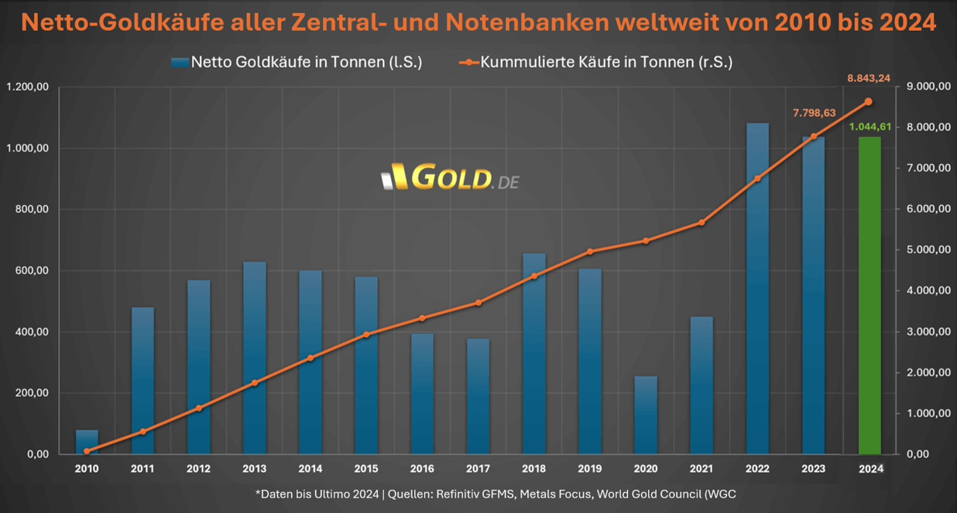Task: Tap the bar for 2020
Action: [646, 415]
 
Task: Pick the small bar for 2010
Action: [87, 442]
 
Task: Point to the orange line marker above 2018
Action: [533, 276]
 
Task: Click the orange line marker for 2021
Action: [701, 223]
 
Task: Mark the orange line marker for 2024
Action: [869, 101]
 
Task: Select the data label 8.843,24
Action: [869, 77]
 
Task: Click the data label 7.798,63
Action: [814, 113]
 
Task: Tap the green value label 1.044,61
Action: [871, 127]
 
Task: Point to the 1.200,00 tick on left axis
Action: [27, 87]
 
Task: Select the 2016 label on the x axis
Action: [422, 468]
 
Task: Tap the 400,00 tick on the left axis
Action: [31, 332]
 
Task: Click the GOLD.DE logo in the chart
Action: [451, 179]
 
